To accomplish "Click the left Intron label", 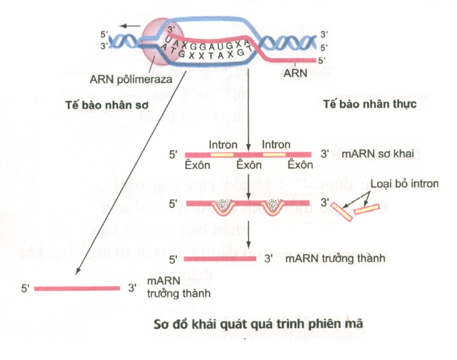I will click(x=223, y=145).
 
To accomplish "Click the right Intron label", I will click(x=276, y=145).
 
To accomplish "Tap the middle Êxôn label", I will click(x=249, y=166).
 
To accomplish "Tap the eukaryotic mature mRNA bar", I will click(x=220, y=258).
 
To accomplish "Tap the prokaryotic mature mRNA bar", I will click(x=77, y=288).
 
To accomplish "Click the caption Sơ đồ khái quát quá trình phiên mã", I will click(x=258, y=324).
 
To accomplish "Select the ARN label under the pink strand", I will click(x=295, y=73).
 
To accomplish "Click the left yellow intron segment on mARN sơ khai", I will click(x=223, y=154).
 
